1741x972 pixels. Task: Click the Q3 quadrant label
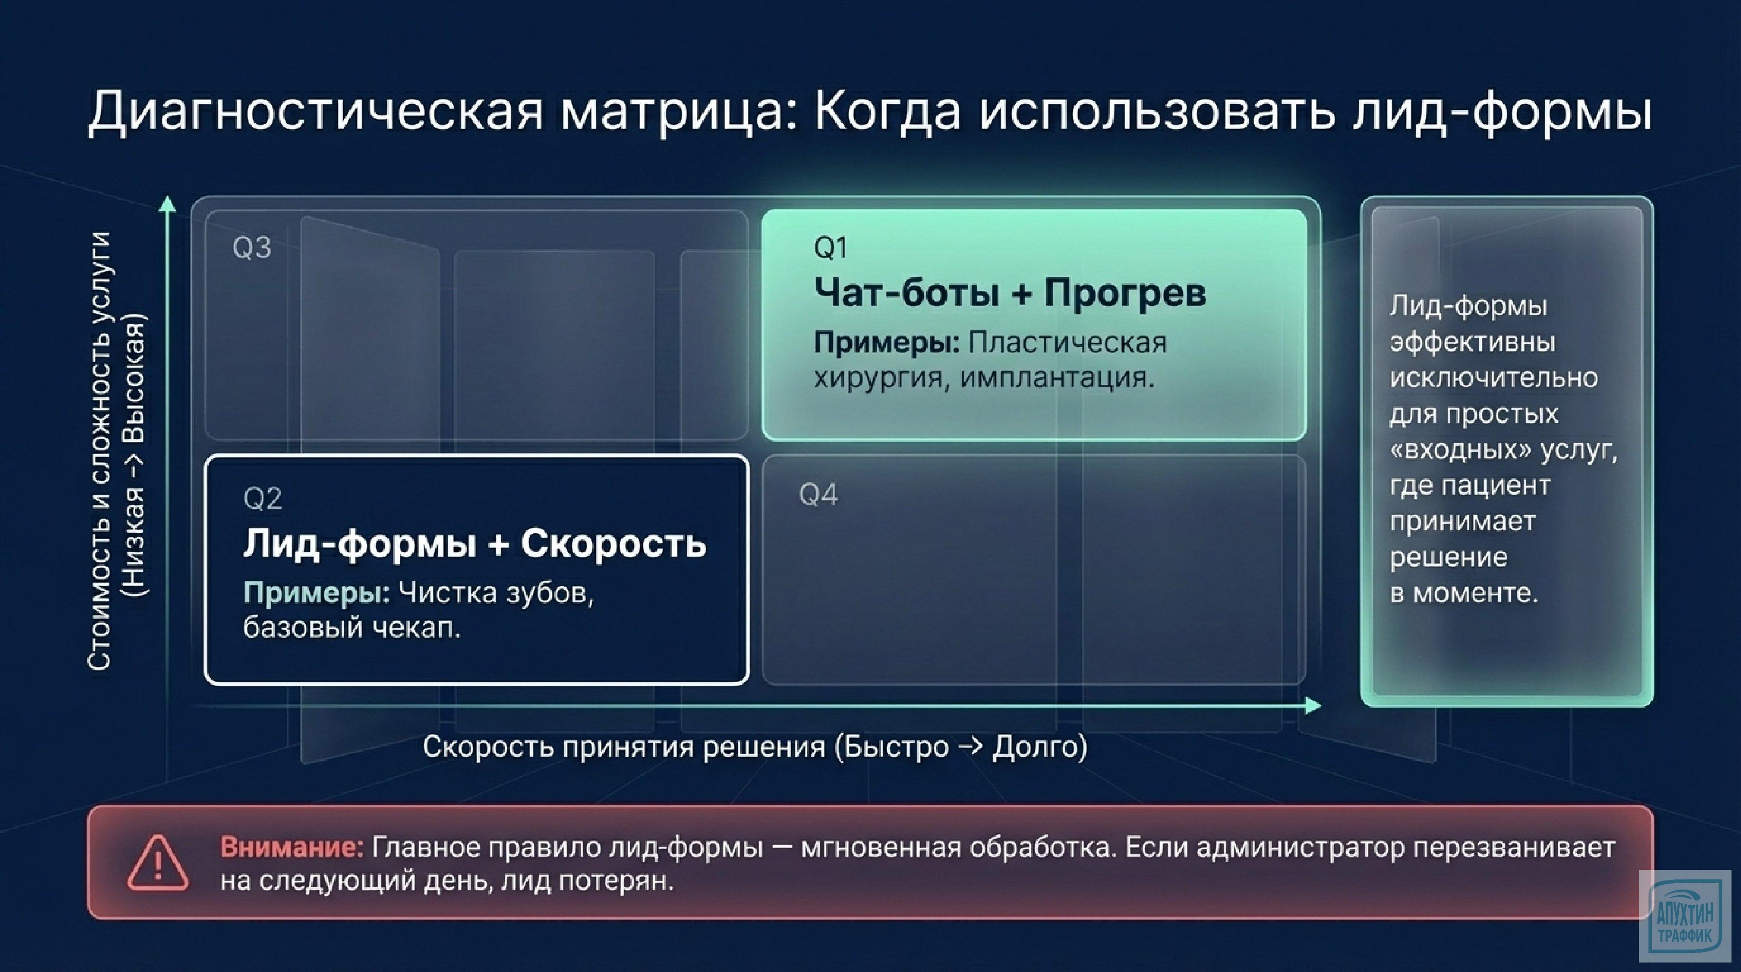(x=251, y=248)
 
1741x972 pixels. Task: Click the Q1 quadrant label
(x=830, y=248)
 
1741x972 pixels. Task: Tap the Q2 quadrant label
(x=262, y=499)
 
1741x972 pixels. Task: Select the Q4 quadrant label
(x=818, y=495)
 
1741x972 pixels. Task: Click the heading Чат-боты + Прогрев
(x=1009, y=293)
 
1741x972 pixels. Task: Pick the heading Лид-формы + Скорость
(x=475, y=543)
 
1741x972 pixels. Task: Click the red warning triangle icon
(x=158, y=863)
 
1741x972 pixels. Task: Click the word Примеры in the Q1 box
(x=886, y=343)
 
